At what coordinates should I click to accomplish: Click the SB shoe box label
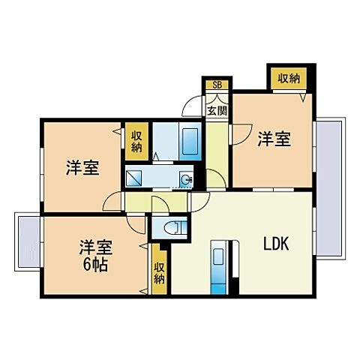tap(217, 84)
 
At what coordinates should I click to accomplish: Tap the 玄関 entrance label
tap(217, 110)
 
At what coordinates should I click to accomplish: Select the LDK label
tap(275, 244)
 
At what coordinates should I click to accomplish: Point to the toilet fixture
tap(169, 227)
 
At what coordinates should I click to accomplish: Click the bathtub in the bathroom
tap(190, 139)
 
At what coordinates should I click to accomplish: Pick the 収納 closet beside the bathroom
tap(136, 140)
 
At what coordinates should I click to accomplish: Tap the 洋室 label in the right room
tap(274, 139)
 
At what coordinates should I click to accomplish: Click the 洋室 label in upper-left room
tap(80, 168)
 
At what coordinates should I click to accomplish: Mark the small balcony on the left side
tap(27, 241)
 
